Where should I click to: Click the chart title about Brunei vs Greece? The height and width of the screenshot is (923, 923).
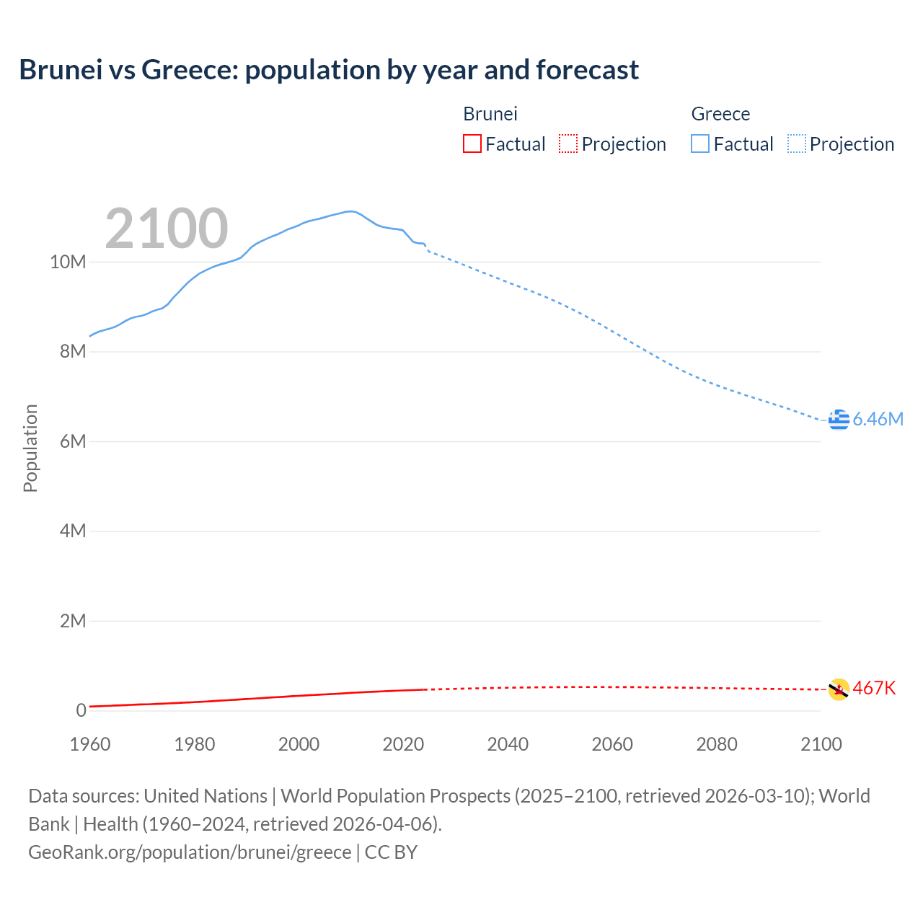click(x=329, y=70)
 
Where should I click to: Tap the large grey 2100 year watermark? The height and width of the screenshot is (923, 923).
click(x=167, y=229)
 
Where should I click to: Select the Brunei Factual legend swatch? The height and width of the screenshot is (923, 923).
click(x=472, y=144)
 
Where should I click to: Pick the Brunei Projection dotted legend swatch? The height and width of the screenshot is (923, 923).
click(x=568, y=144)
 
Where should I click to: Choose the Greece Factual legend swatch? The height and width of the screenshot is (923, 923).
click(x=699, y=144)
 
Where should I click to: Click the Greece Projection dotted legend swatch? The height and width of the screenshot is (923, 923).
click(x=796, y=144)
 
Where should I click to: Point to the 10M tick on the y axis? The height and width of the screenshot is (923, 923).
click(x=68, y=262)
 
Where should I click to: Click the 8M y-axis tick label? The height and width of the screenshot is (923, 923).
click(x=72, y=352)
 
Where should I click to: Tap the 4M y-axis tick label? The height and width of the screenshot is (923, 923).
click(x=72, y=531)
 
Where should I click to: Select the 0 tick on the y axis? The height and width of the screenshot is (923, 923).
click(x=81, y=710)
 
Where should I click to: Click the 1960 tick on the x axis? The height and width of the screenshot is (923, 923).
click(x=90, y=744)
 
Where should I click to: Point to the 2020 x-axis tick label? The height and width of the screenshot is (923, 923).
click(x=403, y=744)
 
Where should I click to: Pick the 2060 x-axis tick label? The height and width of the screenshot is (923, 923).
click(x=612, y=744)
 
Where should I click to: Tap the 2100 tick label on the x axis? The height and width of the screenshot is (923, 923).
click(x=821, y=744)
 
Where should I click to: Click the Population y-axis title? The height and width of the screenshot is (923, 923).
click(x=30, y=448)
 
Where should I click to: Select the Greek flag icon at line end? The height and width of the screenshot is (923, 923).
click(x=839, y=419)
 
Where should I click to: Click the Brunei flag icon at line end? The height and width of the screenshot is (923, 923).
click(x=839, y=689)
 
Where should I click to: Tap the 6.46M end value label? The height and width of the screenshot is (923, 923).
click(x=878, y=419)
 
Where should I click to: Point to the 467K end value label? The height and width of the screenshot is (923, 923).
click(x=874, y=689)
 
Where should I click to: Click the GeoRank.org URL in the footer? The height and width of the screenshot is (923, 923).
click(x=190, y=852)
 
